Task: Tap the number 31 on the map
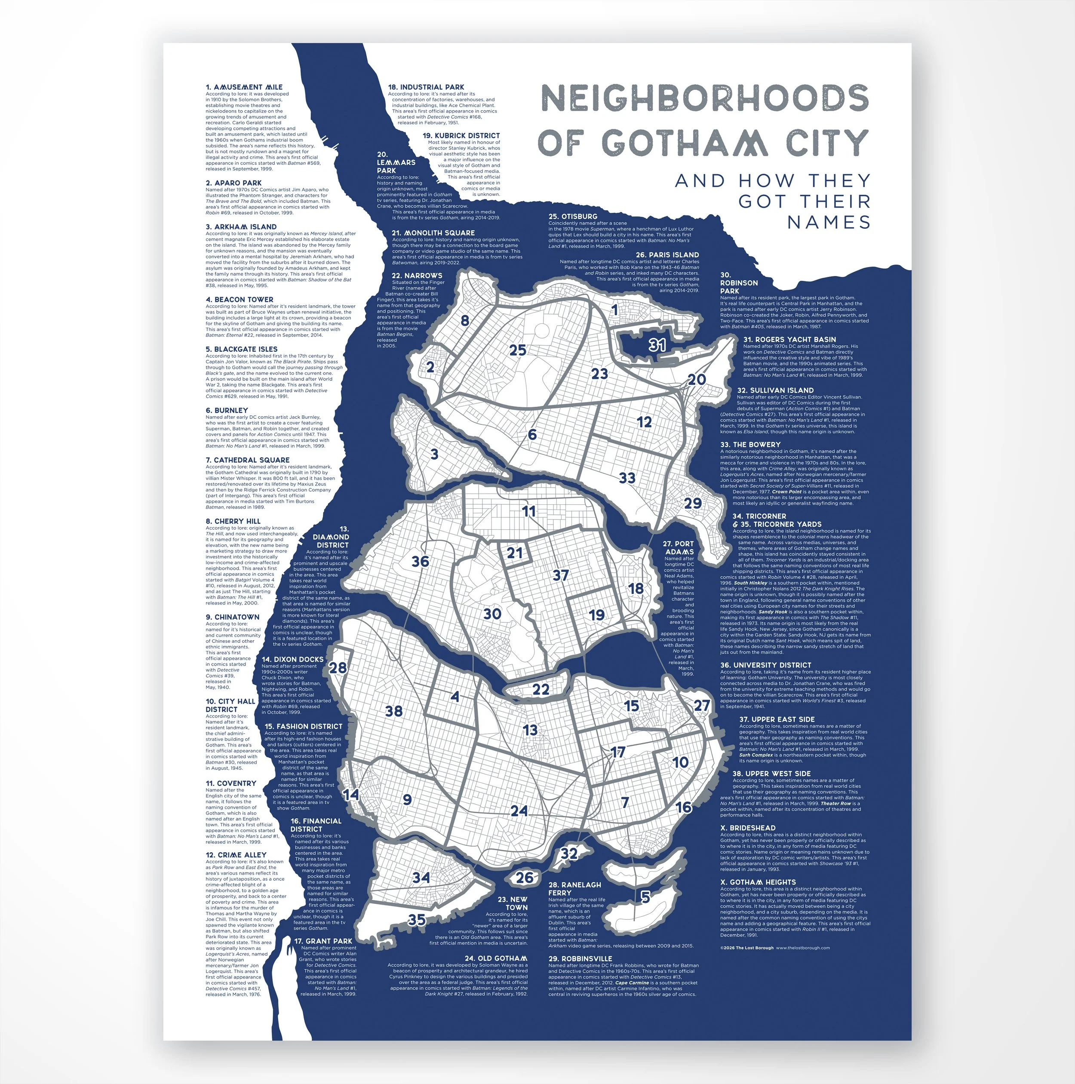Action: tap(657, 345)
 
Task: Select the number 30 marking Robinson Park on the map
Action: tap(492, 614)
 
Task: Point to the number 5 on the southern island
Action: tap(645, 897)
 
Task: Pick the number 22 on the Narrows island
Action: tap(541, 690)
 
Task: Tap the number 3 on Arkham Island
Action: tap(434, 454)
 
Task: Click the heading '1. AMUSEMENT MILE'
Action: tap(244, 87)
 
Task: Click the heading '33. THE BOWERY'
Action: tap(750, 444)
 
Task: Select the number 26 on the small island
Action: tap(525, 878)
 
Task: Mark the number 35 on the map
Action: tap(416, 920)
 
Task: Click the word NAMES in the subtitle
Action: tap(829, 222)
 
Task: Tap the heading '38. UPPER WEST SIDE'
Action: tap(771, 774)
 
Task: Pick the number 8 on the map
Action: tap(464, 321)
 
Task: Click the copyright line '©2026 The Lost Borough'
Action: tap(747, 948)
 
